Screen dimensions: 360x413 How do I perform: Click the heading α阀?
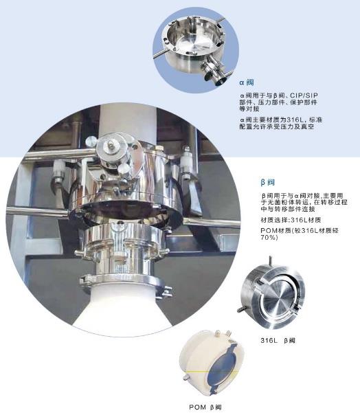pos(247,82)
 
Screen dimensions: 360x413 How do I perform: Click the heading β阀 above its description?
pos(267,182)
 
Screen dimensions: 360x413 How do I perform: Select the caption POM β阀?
pos(205,407)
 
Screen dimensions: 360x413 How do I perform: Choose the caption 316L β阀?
pos(278,340)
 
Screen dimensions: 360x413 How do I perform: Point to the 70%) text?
pos(269,237)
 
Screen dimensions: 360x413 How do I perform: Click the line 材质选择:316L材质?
pos(291,220)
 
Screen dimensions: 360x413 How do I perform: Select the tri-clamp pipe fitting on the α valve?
pos(214,72)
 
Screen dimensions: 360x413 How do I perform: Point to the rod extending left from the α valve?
pos(161,52)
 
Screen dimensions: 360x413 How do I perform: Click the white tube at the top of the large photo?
pos(128,120)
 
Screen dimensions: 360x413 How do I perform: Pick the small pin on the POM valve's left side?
pos(186,378)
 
